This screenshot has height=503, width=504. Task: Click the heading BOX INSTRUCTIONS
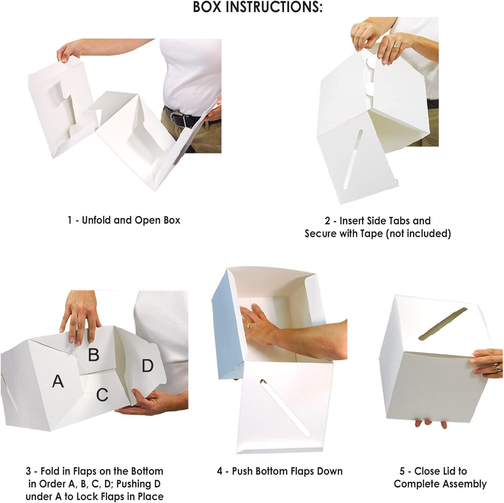(x=257, y=7)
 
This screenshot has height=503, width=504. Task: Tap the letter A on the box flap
(x=58, y=381)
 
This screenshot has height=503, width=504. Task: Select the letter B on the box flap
(x=94, y=355)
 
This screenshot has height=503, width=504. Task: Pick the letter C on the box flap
(x=102, y=395)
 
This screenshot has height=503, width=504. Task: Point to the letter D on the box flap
(x=148, y=366)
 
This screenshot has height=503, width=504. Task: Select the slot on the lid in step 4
(x=286, y=408)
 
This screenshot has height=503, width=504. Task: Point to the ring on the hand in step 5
(x=497, y=367)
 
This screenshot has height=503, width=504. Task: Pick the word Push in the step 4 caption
(x=243, y=471)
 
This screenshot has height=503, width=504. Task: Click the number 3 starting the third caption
(x=29, y=471)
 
